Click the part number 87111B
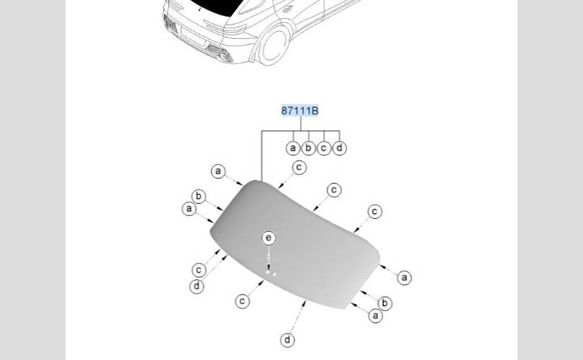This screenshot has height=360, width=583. (x=299, y=111)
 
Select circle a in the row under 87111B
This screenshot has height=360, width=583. (x=293, y=148)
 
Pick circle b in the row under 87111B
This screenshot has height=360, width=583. (x=309, y=148)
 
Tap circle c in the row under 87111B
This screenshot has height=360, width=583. (x=324, y=148)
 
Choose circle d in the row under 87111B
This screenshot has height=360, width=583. (x=340, y=148)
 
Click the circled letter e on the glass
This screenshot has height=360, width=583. (x=268, y=238)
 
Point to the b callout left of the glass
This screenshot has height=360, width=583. (x=199, y=197)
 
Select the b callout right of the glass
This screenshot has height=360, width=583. (x=385, y=303)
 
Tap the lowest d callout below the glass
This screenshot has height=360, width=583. (x=288, y=340)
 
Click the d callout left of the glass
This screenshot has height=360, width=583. (x=197, y=286)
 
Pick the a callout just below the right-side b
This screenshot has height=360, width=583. (x=376, y=315)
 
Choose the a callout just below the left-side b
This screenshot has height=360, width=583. (x=189, y=209)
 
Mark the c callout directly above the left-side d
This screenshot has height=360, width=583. (x=199, y=270)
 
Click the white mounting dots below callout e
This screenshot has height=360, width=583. (x=270, y=272)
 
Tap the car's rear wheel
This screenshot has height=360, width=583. (x=273, y=45)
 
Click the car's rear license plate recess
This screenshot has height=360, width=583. (x=192, y=35)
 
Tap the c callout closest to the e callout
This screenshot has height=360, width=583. (x=243, y=301)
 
